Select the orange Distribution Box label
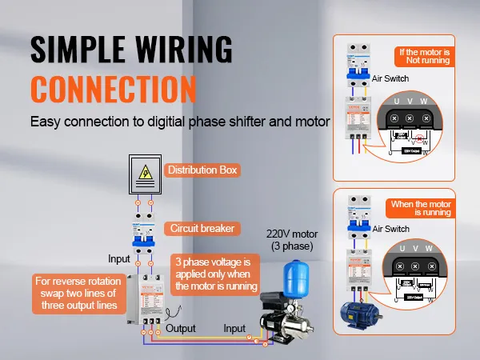202,170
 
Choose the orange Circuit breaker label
203,228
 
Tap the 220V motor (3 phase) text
291,238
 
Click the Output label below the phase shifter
182,329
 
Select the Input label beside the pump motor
234,329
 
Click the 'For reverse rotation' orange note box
78,293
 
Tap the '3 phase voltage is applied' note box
216,274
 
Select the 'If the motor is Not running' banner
425,57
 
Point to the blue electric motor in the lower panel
359,313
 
